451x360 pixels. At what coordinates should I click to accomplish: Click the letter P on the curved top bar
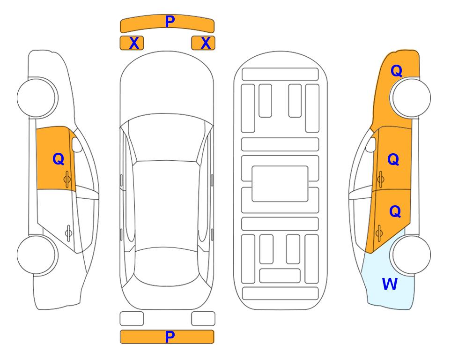[x=170, y=22]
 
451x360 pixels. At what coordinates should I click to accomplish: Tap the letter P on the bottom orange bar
[x=170, y=337]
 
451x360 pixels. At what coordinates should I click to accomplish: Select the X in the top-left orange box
[x=134, y=43]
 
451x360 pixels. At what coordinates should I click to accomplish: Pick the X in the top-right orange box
[x=206, y=43]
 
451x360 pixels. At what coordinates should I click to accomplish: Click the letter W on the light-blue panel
[x=390, y=284]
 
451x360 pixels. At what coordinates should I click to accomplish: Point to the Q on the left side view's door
[x=59, y=159]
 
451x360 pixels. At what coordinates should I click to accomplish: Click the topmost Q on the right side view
[x=396, y=71]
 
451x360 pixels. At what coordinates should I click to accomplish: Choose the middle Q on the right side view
[x=393, y=159]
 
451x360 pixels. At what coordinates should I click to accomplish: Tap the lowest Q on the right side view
[x=395, y=211]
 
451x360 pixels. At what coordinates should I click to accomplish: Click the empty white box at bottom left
[x=132, y=319]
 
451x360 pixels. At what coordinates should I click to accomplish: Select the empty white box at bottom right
[x=203, y=319]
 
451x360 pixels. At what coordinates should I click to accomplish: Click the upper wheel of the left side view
[x=37, y=97]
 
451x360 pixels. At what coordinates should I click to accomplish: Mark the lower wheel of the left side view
[x=37, y=255]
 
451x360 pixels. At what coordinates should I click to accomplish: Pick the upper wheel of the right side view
[x=411, y=97]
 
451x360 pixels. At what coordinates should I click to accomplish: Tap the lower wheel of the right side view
[x=411, y=255]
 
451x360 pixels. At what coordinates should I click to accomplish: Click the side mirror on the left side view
[x=76, y=144]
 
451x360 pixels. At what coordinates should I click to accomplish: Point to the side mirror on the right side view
[x=371, y=144]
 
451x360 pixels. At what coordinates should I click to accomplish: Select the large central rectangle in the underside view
[x=280, y=184]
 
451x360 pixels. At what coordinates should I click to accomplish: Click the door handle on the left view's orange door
[x=67, y=179]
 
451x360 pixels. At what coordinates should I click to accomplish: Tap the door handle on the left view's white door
[x=68, y=232]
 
